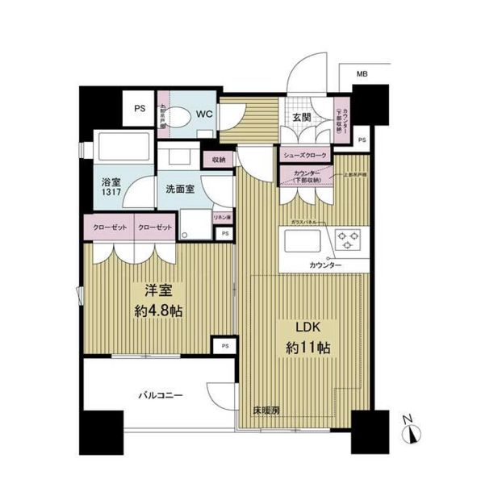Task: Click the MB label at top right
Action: point(362,75)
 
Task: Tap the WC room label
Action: point(203,113)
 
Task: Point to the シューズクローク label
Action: point(304,155)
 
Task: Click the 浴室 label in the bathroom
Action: point(111,183)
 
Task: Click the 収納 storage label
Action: point(219,160)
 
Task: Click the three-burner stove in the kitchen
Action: point(348,239)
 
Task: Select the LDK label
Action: point(299,328)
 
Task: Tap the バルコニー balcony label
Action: point(158,394)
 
